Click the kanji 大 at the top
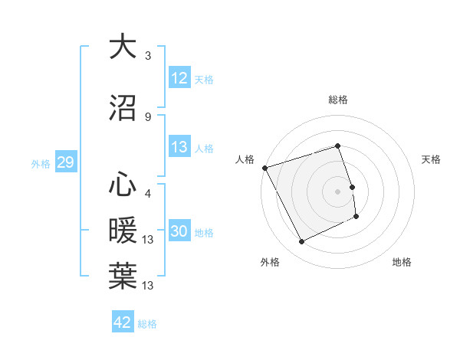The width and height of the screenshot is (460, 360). point(123,47)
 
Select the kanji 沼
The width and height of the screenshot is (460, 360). point(123,109)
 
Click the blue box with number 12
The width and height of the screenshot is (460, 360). point(179,78)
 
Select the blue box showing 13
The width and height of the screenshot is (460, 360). point(179,147)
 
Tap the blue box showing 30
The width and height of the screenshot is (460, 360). point(179,231)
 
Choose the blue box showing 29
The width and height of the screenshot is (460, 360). point(64,162)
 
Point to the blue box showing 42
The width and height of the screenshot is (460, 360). point(123,322)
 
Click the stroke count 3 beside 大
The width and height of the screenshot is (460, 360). point(147,56)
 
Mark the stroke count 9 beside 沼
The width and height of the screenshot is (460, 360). point(147,116)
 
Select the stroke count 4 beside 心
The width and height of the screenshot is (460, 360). point(147,193)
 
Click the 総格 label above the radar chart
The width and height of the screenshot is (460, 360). point(338,100)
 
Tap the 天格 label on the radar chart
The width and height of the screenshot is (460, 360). point(432,159)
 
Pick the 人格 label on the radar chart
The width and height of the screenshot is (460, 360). point(245,159)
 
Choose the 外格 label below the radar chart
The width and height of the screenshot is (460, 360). point(269,262)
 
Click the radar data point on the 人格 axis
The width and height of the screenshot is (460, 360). point(265,168)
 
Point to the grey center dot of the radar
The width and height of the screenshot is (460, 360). point(338,191)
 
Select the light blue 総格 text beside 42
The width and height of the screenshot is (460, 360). point(147,324)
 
